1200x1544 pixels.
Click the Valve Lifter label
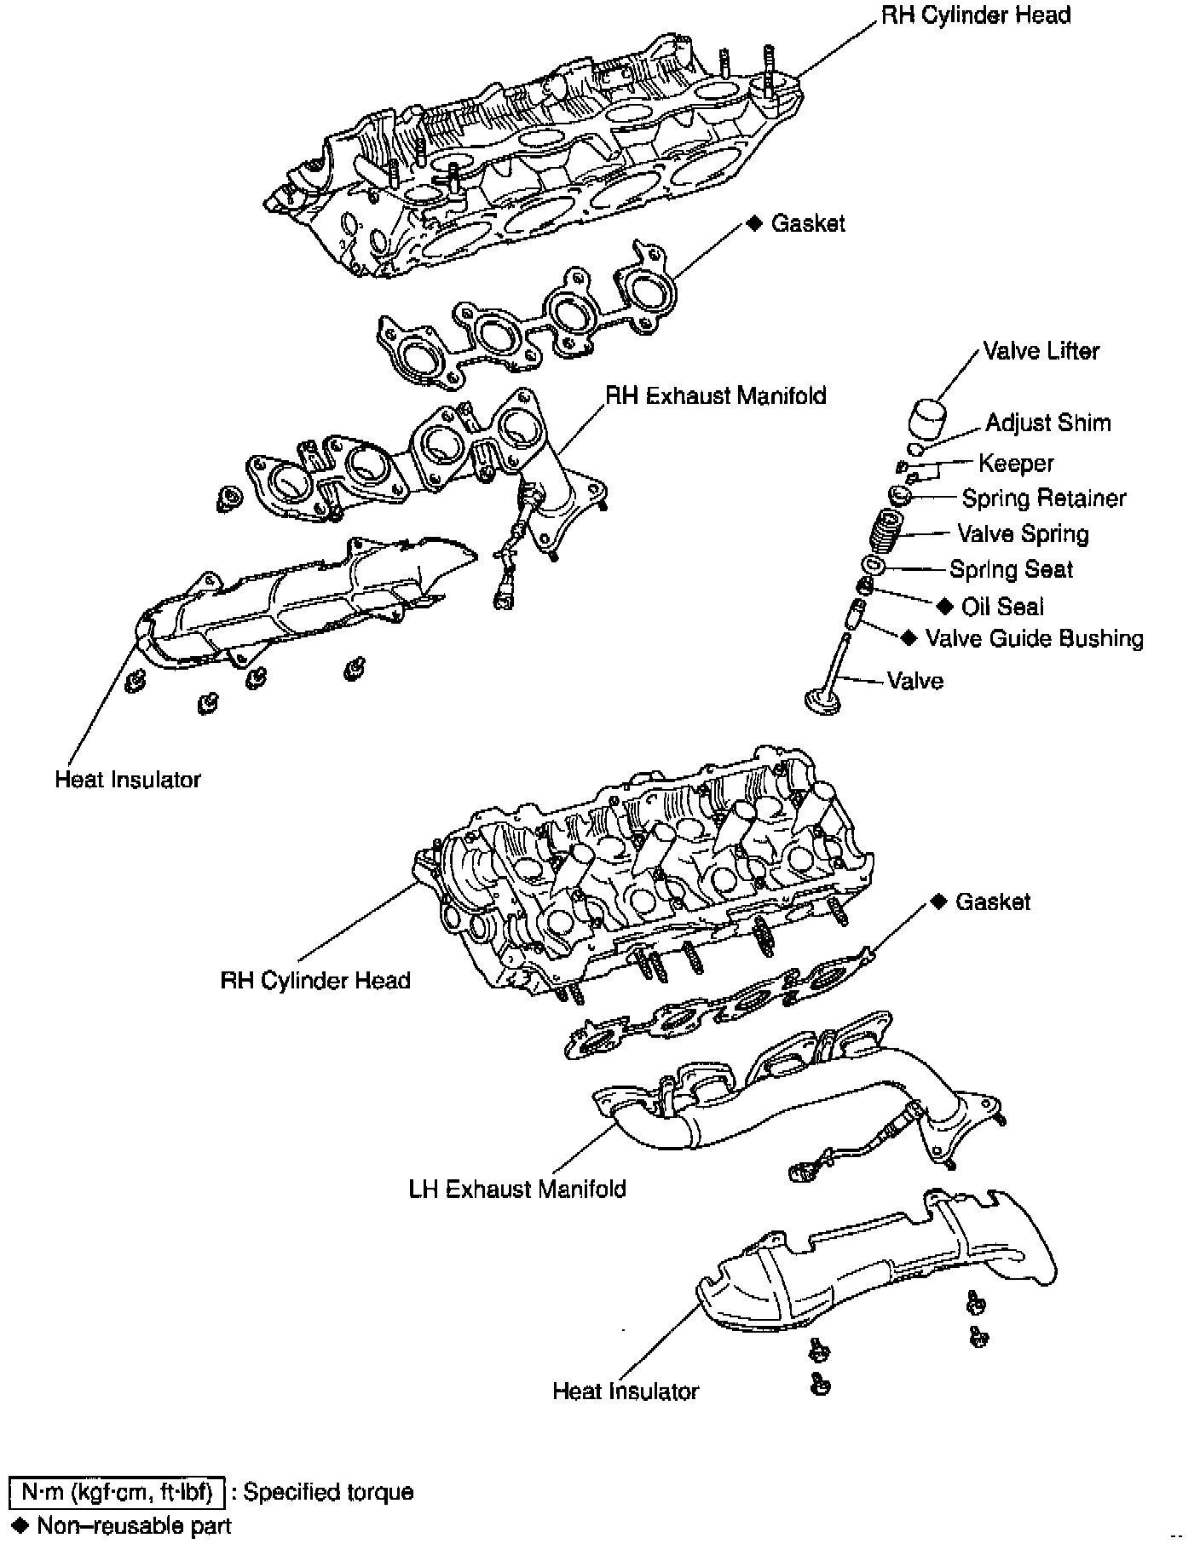click(1041, 351)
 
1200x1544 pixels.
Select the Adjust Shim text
click(1047, 423)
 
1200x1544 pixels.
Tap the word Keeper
click(1016, 464)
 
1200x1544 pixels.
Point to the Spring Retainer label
click(1044, 498)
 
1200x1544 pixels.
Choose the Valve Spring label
click(1023, 534)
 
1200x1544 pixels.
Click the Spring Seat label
click(1011, 569)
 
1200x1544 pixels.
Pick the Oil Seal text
click(1002, 607)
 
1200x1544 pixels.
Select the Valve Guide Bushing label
click(1035, 639)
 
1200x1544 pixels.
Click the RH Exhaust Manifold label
click(715, 396)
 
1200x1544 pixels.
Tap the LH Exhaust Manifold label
click(517, 1190)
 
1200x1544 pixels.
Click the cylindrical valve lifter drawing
click(926, 418)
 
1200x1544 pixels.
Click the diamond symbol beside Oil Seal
click(943, 606)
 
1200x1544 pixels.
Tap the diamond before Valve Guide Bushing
click(909, 637)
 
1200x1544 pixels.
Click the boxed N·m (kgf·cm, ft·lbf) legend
click(117, 1492)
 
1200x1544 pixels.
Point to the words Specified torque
click(328, 1492)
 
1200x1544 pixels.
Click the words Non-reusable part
click(134, 1525)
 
